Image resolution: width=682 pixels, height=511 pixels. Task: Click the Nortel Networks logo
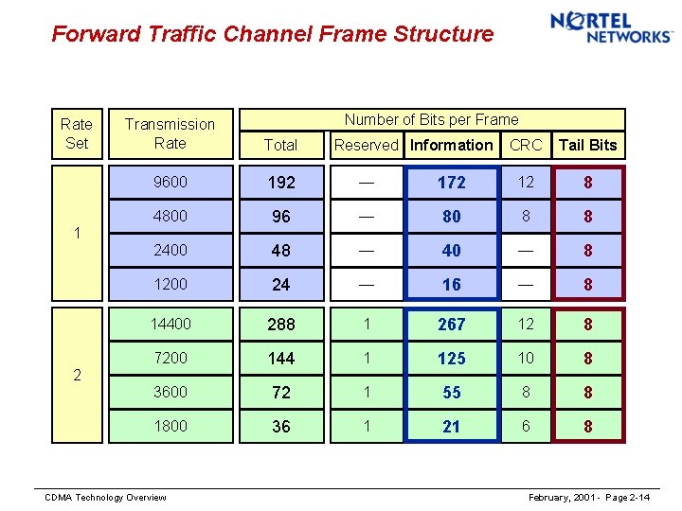point(611,27)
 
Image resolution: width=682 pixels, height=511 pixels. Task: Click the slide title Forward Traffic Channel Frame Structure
point(273,35)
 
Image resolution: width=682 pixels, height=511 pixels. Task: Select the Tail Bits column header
point(587,145)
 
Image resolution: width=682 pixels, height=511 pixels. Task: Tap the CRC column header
point(526,145)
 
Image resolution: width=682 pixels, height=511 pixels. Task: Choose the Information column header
point(452,145)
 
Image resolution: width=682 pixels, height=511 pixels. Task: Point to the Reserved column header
point(367,145)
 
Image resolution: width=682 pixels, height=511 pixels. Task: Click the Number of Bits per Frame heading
point(431,119)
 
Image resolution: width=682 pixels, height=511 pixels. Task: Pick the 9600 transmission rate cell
point(170,182)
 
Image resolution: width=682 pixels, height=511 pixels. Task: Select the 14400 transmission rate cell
point(170,324)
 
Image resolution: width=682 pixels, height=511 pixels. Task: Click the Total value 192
point(281,183)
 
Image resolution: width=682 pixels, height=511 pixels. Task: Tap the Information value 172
point(452,183)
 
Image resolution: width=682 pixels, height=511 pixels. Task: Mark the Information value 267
point(452,325)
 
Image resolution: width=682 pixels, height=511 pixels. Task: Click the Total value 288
point(281,325)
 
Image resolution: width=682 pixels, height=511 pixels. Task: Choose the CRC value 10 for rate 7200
point(526,358)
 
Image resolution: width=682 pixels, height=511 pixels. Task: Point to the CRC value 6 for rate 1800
point(526,426)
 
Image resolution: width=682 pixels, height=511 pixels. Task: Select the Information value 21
point(452,427)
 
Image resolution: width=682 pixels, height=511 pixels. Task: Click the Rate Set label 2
point(77,375)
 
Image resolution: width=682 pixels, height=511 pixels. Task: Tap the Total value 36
point(281,427)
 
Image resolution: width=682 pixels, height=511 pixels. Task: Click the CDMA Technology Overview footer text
point(106,498)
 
